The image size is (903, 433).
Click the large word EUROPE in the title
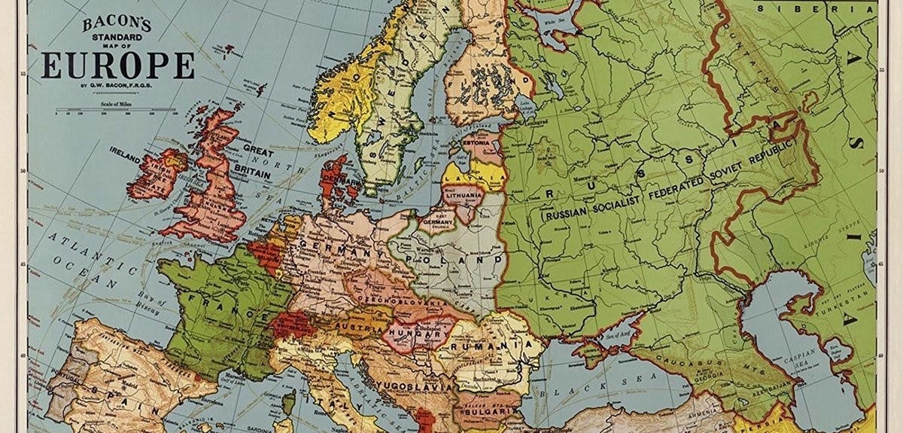point(118,66)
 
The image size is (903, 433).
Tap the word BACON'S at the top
point(117,23)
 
